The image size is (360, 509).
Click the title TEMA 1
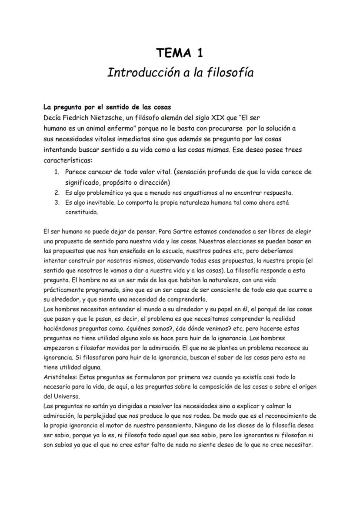[x=180, y=53]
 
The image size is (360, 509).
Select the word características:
[x=65, y=160]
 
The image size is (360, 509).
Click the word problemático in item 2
[x=104, y=193]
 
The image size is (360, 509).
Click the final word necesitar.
[x=299, y=446]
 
